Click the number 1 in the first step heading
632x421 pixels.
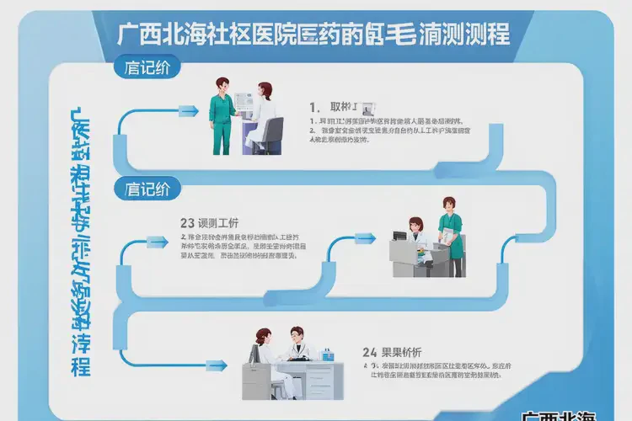(314, 108)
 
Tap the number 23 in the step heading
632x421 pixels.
(188, 223)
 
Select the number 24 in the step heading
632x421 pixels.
(369, 352)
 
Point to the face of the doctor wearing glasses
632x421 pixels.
(296, 335)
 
